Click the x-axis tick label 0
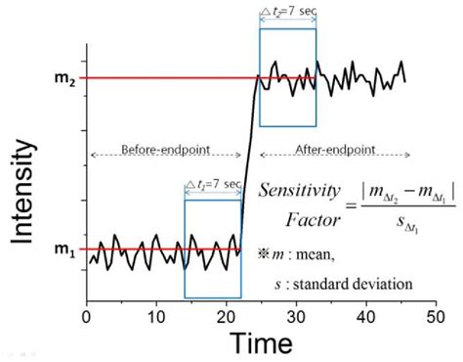87,317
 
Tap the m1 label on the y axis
64,249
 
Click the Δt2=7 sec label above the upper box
287,13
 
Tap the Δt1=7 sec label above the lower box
213,183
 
